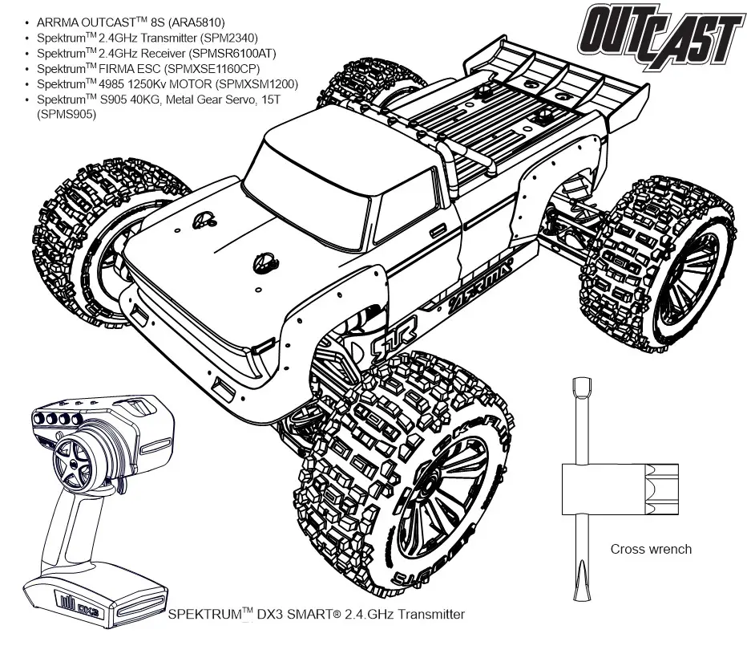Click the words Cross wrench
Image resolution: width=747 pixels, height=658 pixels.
pos(650,550)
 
